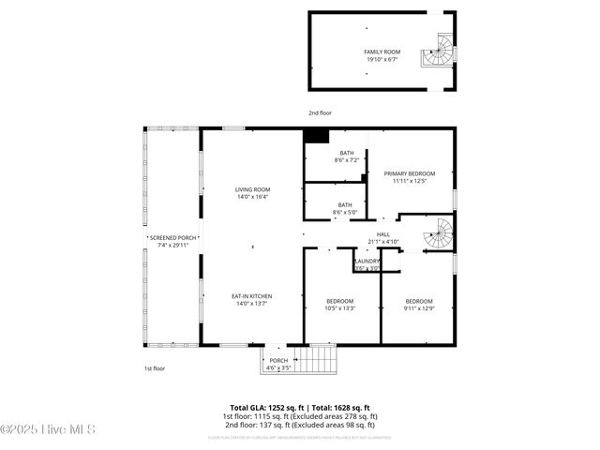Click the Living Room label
tap(252, 193)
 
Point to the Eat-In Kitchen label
tap(252, 299)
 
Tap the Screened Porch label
tap(173, 242)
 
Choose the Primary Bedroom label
tap(410, 177)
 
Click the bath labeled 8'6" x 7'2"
tap(347, 157)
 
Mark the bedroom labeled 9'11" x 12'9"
tap(417, 305)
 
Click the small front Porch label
tap(278, 364)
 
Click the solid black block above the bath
tap(317, 136)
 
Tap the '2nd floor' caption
tap(320, 112)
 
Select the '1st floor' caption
tap(155, 368)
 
